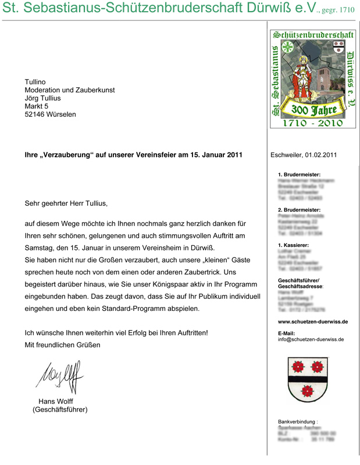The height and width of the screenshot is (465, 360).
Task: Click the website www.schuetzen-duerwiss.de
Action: click(313, 321)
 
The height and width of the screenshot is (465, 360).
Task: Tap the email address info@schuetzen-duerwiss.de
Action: click(311, 339)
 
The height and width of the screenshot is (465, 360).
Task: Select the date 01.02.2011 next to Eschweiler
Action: click(320, 155)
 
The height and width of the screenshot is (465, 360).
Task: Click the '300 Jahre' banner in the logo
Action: click(314, 109)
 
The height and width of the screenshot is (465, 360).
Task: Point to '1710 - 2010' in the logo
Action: click(313, 123)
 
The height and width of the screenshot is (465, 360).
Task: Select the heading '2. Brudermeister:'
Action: click(299, 210)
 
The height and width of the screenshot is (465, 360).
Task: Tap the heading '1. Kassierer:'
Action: click(294, 245)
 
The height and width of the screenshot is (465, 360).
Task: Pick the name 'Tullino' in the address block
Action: click(35, 82)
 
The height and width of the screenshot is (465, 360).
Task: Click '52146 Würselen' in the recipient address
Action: click(50, 115)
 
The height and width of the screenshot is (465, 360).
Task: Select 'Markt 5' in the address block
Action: click(37, 106)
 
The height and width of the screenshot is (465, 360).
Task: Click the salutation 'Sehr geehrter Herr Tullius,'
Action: click(66, 204)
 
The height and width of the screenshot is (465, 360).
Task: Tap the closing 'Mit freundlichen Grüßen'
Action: click(62, 345)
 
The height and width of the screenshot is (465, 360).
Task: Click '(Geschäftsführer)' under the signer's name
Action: click(60, 409)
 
